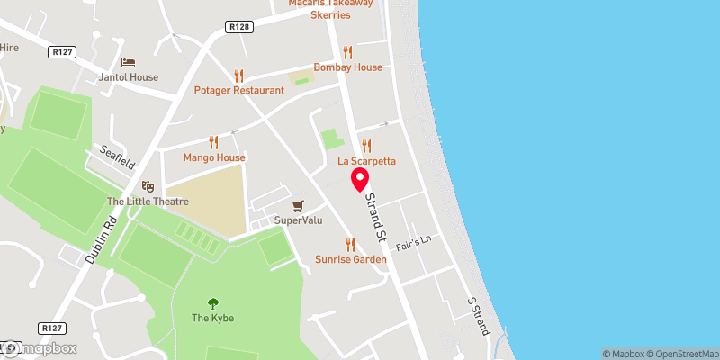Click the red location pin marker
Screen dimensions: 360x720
360,178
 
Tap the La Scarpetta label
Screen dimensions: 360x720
366,161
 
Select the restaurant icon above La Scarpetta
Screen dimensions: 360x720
366,145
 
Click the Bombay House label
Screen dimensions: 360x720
347,67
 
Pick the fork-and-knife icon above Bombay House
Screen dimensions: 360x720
347,51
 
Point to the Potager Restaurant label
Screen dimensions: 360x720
238,91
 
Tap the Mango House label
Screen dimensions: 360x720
214,157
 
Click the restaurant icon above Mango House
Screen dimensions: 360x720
213,141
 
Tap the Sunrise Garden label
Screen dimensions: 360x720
351,259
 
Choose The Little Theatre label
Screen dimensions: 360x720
148,202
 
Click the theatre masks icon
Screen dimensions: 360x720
148,185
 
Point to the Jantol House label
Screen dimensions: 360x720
129,77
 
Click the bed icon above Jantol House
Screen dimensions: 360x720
129,61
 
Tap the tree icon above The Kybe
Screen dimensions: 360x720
213,302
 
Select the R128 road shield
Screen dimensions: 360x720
238,27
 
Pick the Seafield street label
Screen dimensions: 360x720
117,159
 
